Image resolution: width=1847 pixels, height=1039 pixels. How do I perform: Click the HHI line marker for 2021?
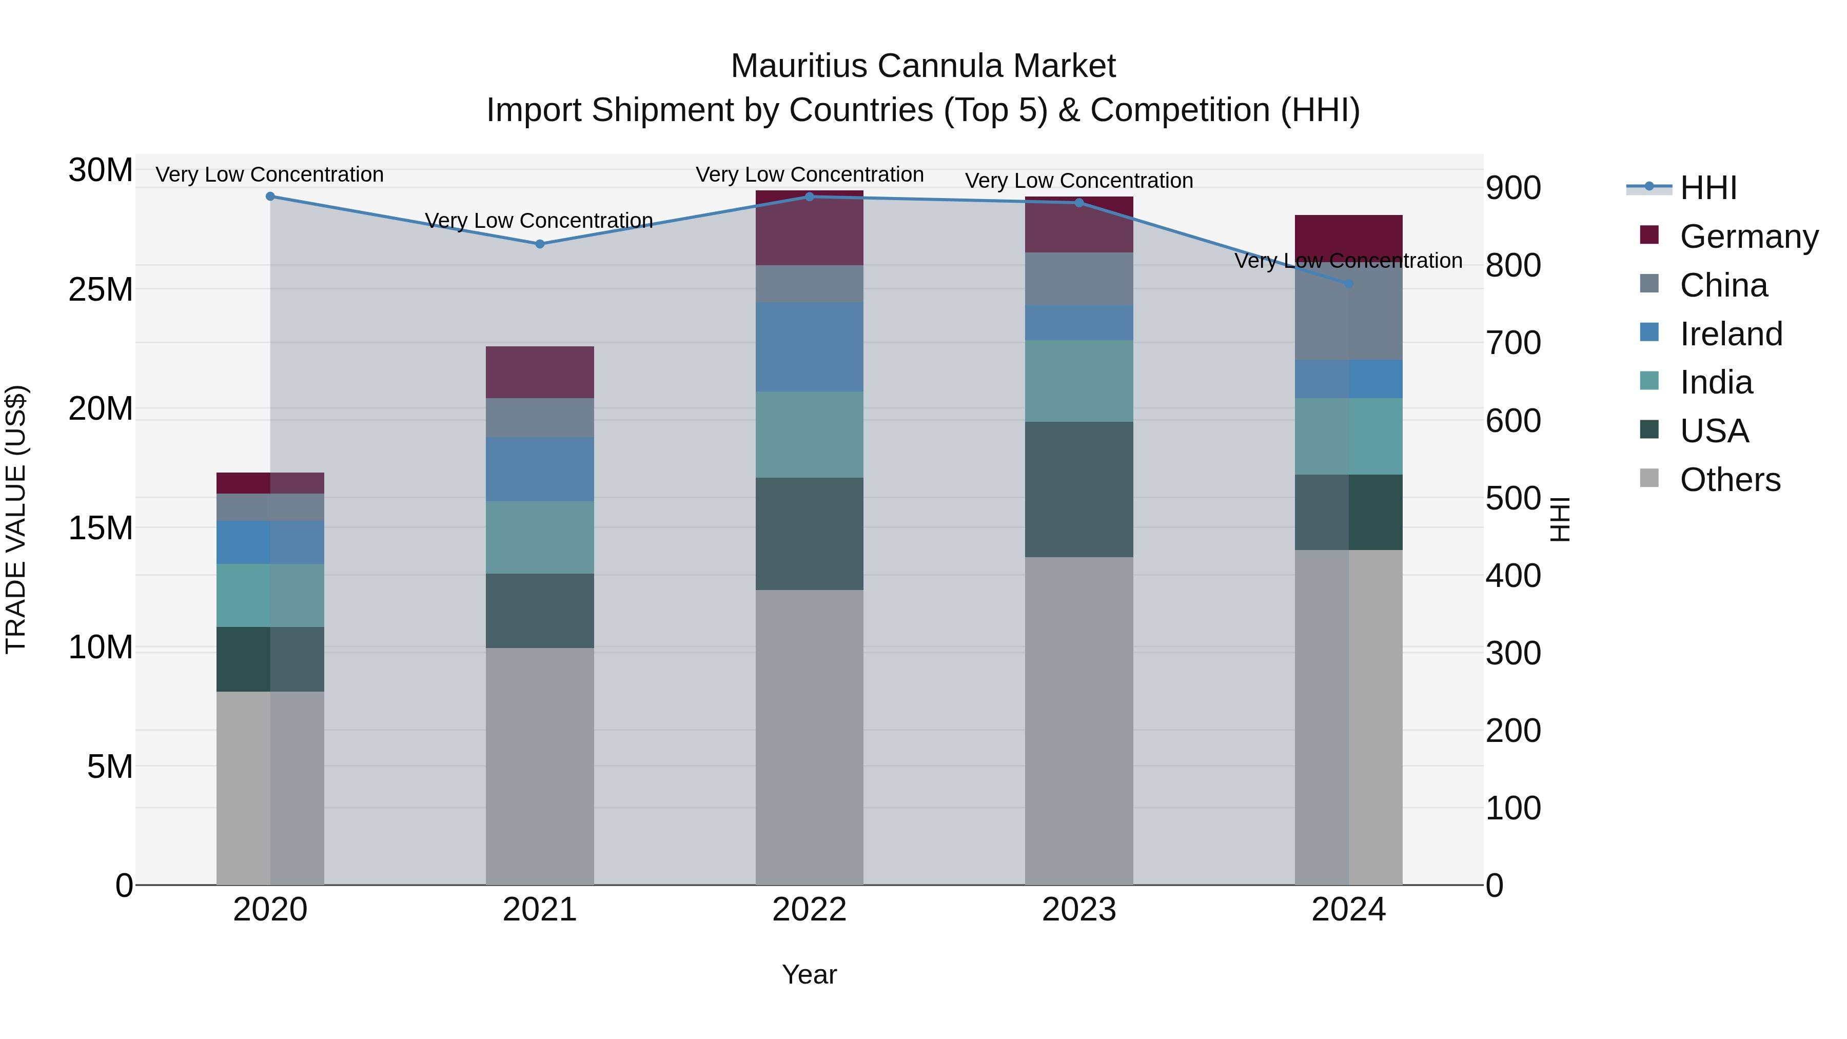click(x=540, y=244)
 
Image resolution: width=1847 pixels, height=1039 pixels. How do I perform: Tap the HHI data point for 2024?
click(x=1348, y=284)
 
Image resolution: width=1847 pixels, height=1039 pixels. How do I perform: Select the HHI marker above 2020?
click(x=270, y=197)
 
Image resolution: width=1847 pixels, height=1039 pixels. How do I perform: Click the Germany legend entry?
click(x=1748, y=237)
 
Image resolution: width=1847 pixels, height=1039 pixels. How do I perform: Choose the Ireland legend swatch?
click(x=1649, y=332)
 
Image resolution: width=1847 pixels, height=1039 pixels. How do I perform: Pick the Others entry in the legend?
click(x=1730, y=480)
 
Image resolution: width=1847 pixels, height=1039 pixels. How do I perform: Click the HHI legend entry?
click(x=1708, y=188)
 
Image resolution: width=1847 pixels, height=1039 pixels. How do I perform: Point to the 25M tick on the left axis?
click(x=101, y=290)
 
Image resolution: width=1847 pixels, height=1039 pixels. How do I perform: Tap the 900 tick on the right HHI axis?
click(x=1513, y=188)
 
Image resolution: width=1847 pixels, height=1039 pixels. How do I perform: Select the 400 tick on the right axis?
click(x=1513, y=576)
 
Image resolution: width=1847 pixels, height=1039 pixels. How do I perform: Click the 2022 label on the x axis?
click(x=810, y=910)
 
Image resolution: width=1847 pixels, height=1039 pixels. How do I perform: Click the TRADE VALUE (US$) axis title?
click(x=16, y=519)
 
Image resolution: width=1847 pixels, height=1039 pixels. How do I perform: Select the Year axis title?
click(x=810, y=974)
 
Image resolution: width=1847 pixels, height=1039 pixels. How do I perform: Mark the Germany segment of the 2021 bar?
click(x=540, y=372)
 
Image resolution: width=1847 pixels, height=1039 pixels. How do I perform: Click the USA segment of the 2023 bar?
click(x=1079, y=489)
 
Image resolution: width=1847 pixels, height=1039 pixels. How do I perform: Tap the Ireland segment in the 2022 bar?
click(x=810, y=346)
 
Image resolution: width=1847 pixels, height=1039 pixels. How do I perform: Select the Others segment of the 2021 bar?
click(x=540, y=766)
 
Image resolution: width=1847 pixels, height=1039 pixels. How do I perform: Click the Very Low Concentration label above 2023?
click(x=1079, y=181)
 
